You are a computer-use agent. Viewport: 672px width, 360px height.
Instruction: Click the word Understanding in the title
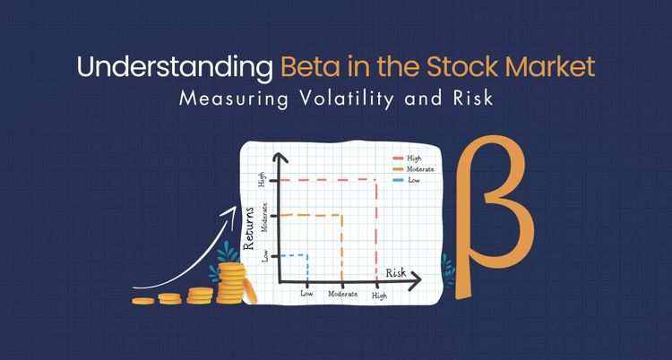[176, 66]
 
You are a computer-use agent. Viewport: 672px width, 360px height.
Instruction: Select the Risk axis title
[396, 271]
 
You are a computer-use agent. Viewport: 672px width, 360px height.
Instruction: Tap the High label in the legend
[414, 159]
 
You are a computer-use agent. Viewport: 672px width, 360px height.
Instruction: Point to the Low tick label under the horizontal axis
[306, 294]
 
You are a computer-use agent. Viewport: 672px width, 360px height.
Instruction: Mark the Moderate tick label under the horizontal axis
[342, 294]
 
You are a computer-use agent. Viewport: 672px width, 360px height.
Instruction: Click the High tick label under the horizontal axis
[380, 295]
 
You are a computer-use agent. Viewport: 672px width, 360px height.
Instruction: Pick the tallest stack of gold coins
[233, 282]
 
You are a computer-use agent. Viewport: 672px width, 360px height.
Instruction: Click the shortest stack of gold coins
[143, 300]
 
